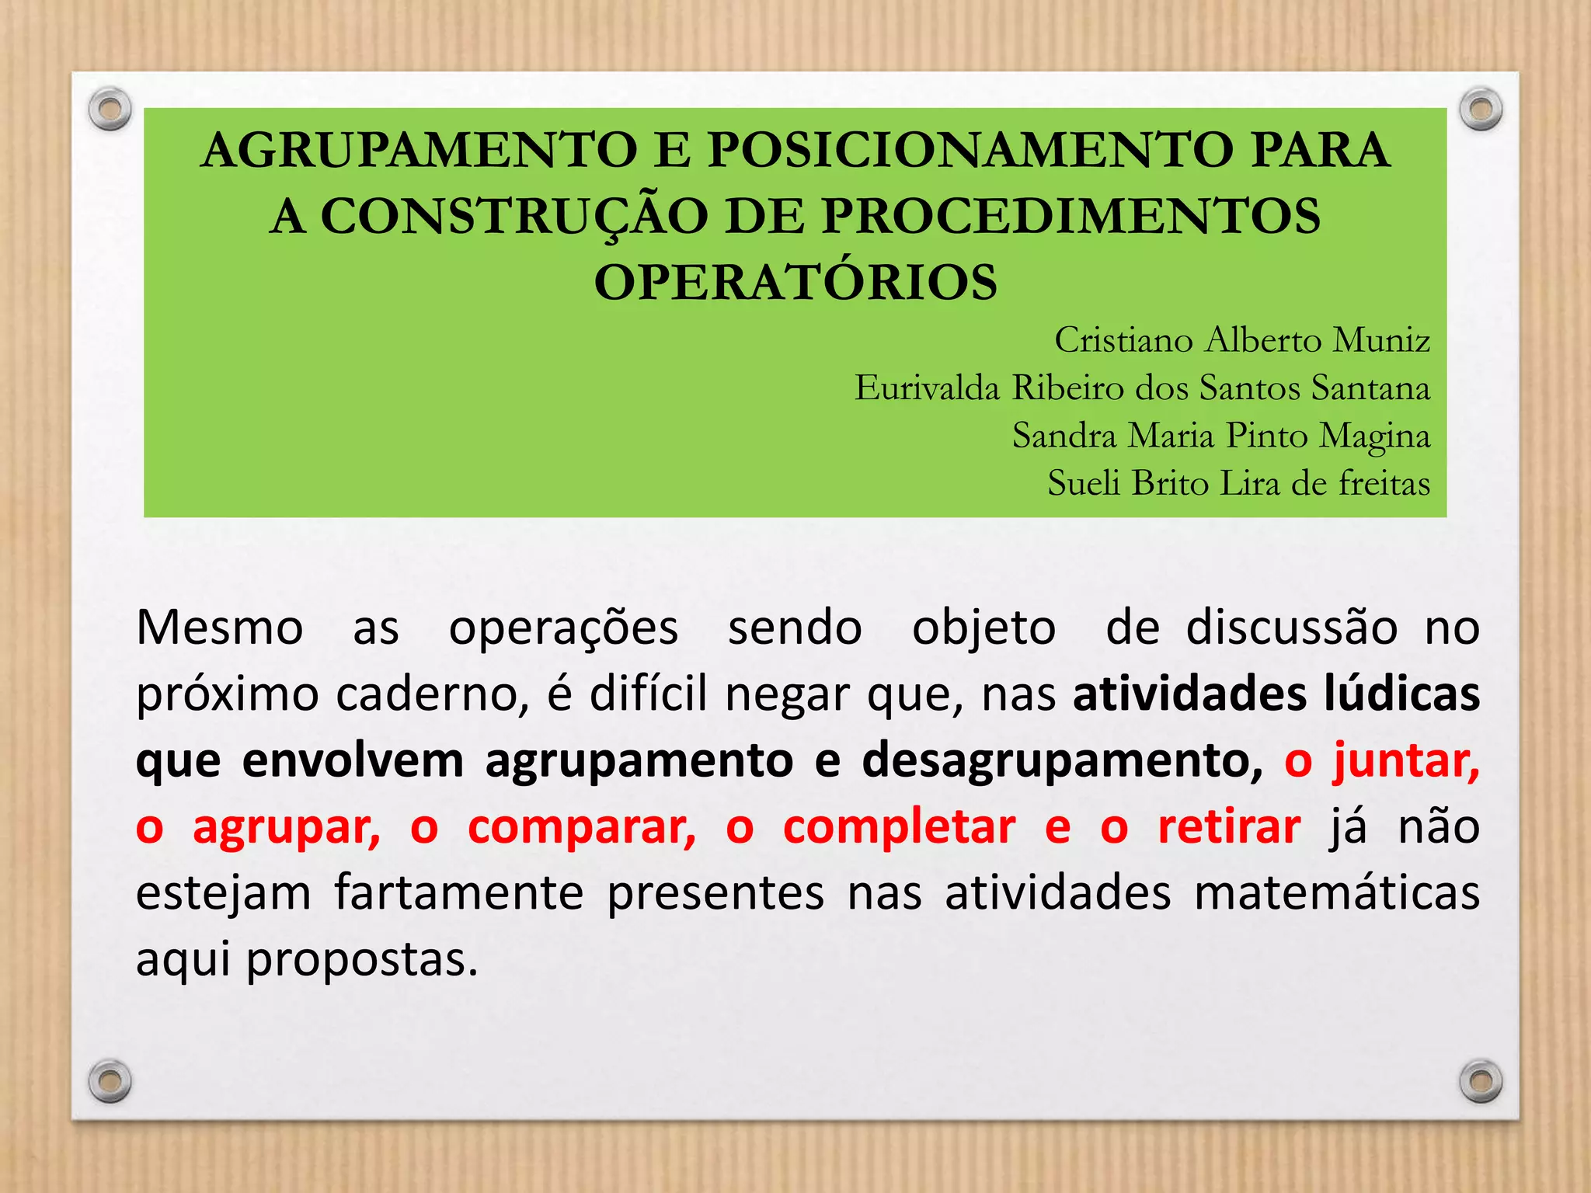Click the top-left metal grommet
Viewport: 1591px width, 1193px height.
pos(110,110)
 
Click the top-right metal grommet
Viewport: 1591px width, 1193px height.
pos(1481,110)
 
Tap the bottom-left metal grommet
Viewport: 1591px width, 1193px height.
pos(110,1080)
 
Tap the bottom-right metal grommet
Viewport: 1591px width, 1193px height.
pos(1481,1080)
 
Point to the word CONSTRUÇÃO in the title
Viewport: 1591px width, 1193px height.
pos(514,216)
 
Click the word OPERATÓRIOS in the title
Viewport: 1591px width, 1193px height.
pos(795,282)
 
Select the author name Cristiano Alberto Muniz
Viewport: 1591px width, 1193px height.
pos(1241,340)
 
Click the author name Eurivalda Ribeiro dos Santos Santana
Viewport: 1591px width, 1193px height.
pos(1142,388)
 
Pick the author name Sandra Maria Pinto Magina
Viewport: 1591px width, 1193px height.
pos(1220,436)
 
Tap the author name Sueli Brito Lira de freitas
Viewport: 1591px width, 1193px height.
pos(1238,483)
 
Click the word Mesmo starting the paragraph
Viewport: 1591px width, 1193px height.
pos(220,628)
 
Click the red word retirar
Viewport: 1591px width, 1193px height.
pos(1229,826)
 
